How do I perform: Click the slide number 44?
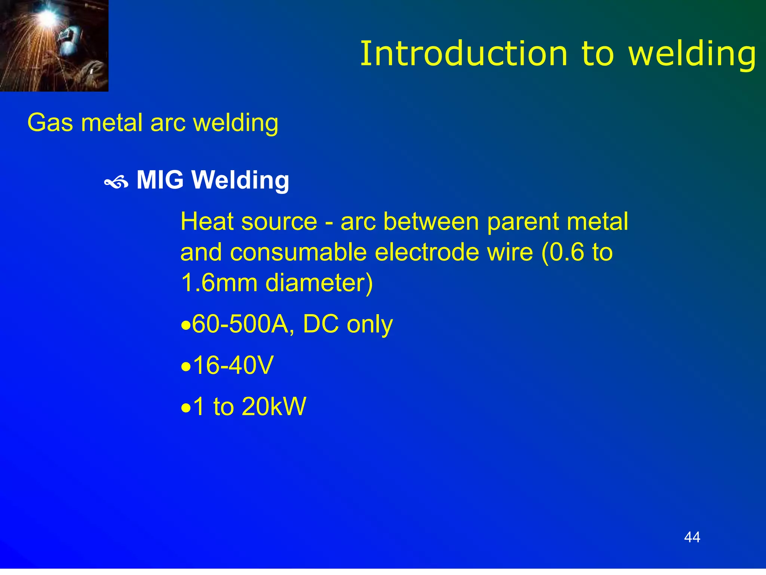click(x=692, y=537)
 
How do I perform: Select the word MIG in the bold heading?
click(x=160, y=180)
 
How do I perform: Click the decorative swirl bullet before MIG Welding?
click(x=116, y=183)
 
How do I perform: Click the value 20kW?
click(x=274, y=406)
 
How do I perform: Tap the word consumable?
click(x=298, y=252)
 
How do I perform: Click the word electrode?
click(x=427, y=252)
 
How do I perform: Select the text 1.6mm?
click(x=219, y=283)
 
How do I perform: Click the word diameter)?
click(x=319, y=283)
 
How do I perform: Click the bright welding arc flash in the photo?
click(x=48, y=16)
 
